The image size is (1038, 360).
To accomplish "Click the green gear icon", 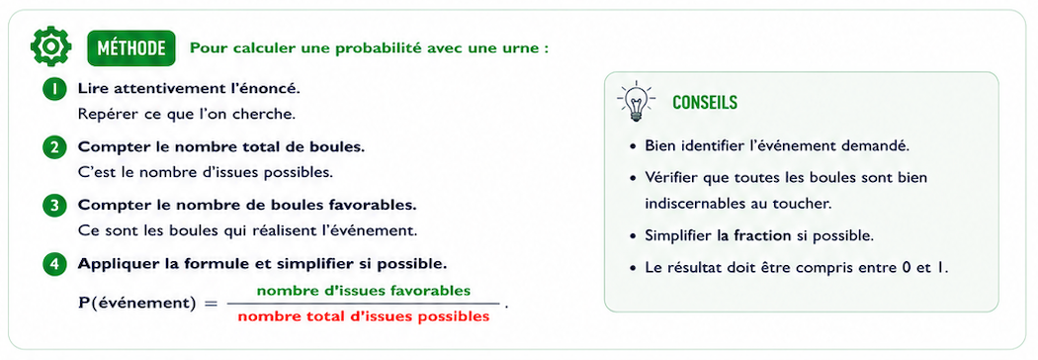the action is coord(50,47).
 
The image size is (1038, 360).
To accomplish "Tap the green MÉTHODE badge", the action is coord(131,48).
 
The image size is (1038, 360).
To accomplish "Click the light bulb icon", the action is coord(636,101).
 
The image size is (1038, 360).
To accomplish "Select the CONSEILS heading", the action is coord(705,103).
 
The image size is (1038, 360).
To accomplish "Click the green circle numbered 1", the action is coord(55,89).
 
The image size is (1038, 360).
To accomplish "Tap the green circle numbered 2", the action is coord(55,147).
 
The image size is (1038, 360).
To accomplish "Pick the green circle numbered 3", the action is coord(55,206).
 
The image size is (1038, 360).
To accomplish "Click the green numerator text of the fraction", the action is coord(364,291).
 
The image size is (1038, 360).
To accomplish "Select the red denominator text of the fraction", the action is coord(364,316).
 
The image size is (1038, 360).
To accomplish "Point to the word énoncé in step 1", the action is coord(264,88).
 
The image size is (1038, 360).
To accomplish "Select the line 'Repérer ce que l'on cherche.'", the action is coord(186,115).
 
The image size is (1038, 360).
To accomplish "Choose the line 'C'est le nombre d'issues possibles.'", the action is coord(206,173).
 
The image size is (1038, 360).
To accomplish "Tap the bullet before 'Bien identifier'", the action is coord(634,147).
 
